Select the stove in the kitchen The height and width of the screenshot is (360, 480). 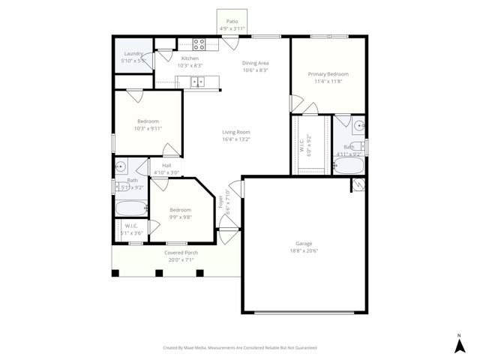pyautogui.click(x=199, y=44)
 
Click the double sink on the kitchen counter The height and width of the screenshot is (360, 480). pyautogui.click(x=198, y=82)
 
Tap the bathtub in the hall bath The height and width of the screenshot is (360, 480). pyautogui.click(x=130, y=208)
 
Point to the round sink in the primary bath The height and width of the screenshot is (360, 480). pyautogui.click(x=359, y=126)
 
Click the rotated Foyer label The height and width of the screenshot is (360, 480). pyautogui.click(x=220, y=202)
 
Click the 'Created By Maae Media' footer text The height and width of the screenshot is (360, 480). pyautogui.click(x=240, y=348)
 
